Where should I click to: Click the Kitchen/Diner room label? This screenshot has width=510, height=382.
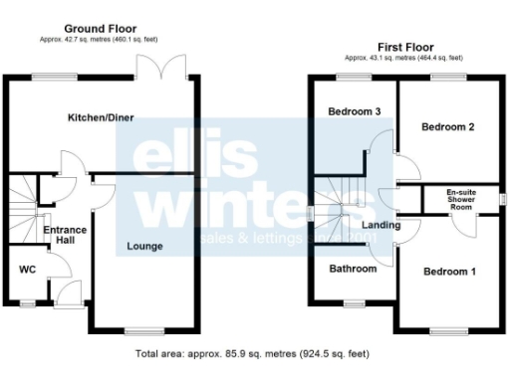(x=101, y=117)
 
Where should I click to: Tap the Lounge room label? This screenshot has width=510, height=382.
(x=145, y=245)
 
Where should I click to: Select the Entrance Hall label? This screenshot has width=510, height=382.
(x=65, y=236)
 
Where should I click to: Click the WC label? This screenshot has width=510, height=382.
(x=28, y=270)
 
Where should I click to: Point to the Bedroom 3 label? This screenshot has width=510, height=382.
(x=355, y=111)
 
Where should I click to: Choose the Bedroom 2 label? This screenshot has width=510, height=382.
(x=447, y=127)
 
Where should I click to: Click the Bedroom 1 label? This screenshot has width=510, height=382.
(x=449, y=272)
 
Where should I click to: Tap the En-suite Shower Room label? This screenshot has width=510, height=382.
(x=460, y=198)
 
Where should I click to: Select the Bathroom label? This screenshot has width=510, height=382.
(x=354, y=269)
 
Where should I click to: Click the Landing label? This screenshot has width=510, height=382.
(x=382, y=225)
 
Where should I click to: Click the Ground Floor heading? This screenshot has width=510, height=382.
(x=101, y=29)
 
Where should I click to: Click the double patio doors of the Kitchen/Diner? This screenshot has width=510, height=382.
(x=162, y=66)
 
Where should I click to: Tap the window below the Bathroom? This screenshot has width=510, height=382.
(x=354, y=301)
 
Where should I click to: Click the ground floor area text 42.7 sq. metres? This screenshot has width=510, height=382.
(x=101, y=41)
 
